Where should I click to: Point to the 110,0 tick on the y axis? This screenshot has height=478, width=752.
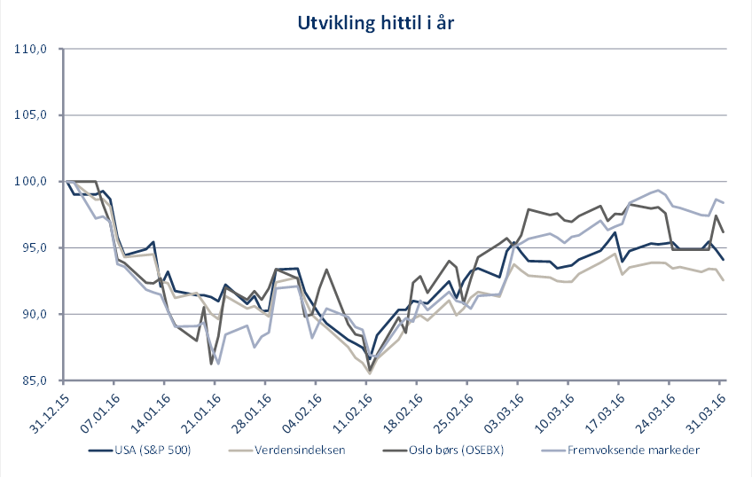coord(32,49)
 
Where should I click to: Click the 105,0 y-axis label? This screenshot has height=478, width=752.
coord(32,115)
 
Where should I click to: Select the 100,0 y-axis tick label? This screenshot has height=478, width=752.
coord(32,181)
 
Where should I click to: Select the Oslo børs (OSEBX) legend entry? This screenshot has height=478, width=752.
coord(452,450)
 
